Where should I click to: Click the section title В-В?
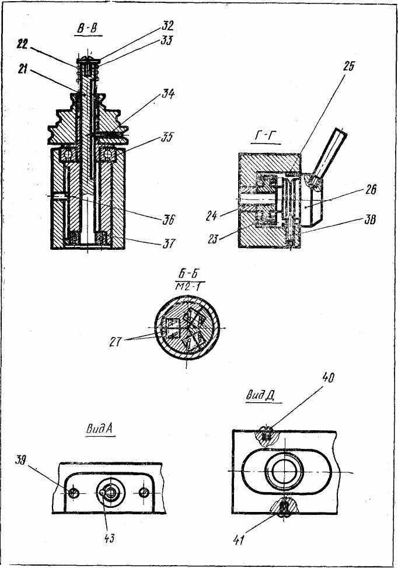coord(88,29)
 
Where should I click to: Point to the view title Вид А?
coord(100,428)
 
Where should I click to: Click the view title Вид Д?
coord(259,395)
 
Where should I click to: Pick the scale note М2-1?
coord(190,287)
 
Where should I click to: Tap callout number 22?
coord(22,44)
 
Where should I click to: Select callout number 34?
coord(167,94)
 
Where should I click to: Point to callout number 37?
coord(168,243)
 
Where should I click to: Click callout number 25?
coord(348,67)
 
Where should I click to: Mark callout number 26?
coord(371,190)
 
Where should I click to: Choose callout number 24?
coord(211,216)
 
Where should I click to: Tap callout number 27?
coord(116,342)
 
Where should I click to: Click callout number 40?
coord(328,378)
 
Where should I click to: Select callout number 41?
coord(238,540)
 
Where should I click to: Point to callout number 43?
coord(109,539)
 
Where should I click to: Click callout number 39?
coord(21,461)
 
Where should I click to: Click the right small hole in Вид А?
coord(145,492)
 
